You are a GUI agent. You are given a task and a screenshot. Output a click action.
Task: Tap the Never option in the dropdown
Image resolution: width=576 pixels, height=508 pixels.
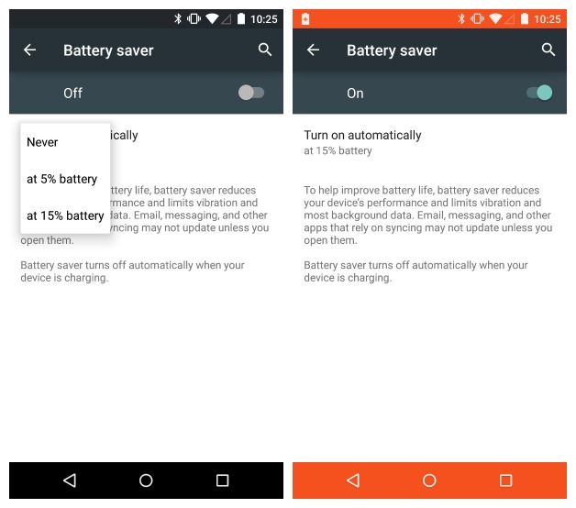pos(42,142)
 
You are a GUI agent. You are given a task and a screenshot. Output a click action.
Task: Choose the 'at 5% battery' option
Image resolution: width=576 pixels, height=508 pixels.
pos(62,179)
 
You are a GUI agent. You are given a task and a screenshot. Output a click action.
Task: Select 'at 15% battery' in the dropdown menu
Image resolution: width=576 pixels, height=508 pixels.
pos(65,215)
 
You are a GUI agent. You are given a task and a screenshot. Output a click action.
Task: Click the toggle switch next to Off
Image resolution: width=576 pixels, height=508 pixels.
pos(251,93)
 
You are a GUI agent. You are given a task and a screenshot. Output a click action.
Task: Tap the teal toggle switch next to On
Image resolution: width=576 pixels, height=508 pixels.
pos(539,93)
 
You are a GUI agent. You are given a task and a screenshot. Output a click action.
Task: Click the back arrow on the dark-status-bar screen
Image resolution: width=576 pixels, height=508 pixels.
pos(29,50)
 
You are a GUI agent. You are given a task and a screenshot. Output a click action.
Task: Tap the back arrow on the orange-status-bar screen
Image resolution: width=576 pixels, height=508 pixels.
pos(313,50)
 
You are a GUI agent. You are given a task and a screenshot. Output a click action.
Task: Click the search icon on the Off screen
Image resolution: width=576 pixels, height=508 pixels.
pos(265,50)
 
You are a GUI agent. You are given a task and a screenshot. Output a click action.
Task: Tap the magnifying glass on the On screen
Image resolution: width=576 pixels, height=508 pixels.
pos(548,50)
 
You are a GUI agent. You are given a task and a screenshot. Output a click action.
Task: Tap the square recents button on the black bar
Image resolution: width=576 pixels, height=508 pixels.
pos(222,480)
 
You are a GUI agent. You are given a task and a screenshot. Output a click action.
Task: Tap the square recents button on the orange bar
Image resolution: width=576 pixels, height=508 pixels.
pos(506,480)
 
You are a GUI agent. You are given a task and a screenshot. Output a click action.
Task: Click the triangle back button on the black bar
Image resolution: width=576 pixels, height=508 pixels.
pos(70,480)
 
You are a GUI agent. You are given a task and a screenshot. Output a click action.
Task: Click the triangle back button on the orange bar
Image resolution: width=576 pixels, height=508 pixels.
pos(353,480)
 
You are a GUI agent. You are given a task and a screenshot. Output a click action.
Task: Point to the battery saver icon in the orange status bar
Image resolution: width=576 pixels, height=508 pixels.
pos(305,18)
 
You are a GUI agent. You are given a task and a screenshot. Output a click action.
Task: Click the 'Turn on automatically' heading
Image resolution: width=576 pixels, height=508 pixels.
pos(362,135)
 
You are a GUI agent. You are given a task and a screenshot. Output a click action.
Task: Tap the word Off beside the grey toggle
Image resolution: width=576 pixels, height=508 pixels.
pos(72,94)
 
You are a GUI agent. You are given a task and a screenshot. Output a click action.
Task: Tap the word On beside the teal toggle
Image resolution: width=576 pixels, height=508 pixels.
pos(355,94)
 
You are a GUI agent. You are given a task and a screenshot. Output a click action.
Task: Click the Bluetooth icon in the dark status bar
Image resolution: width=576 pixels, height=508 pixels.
pos(178,18)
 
